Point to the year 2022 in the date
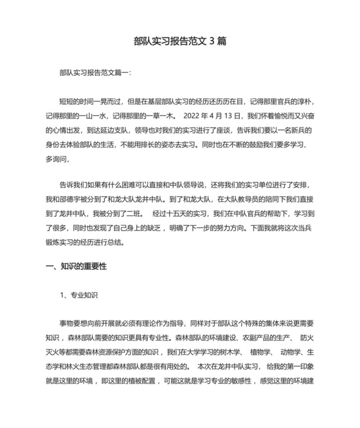(x=194, y=116)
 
